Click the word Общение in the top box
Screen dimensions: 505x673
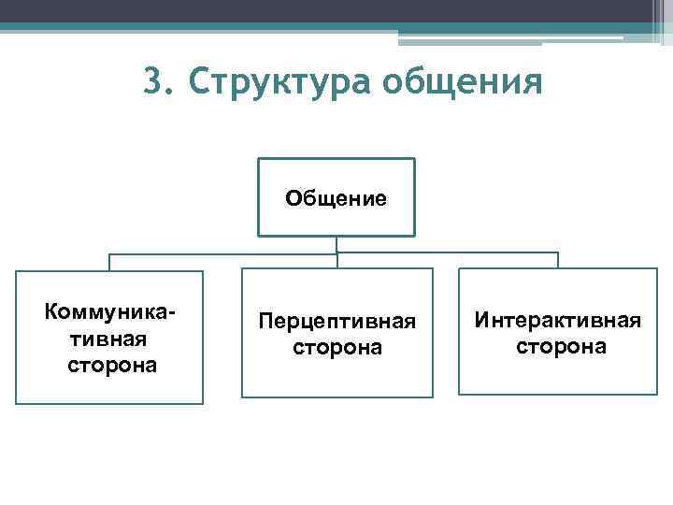tap(336, 198)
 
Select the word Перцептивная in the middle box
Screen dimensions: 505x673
tap(336, 322)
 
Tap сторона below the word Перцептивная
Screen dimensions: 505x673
tap(336, 347)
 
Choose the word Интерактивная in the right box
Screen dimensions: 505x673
tap(557, 321)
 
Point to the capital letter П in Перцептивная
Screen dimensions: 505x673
tap(265, 322)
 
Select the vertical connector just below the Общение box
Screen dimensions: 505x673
tap(336, 244)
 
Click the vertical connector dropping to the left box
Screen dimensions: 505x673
tap(110, 262)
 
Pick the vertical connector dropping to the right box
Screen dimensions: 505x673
tap(558, 260)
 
